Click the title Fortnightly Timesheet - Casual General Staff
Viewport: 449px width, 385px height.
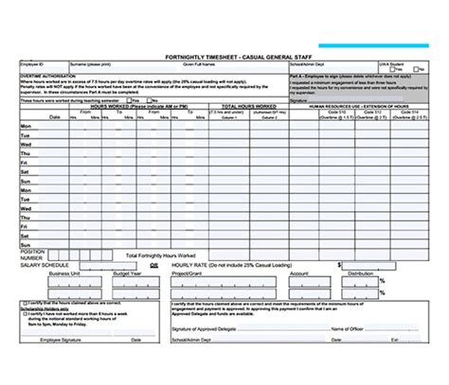(224, 56)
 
